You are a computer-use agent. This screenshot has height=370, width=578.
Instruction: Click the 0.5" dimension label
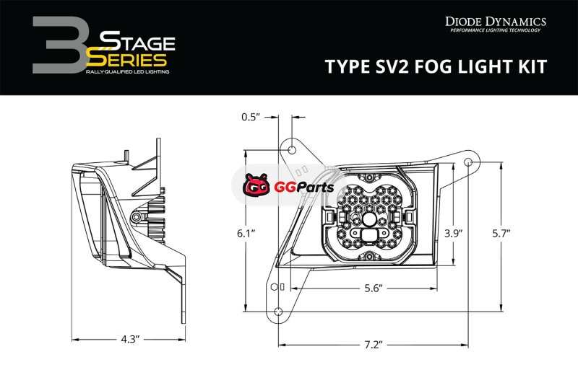tap(251, 117)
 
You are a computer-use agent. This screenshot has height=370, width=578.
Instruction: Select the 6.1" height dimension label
tap(246, 234)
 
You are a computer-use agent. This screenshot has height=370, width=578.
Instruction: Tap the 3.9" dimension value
tap(453, 234)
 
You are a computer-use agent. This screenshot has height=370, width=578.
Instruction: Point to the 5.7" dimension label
tap(501, 234)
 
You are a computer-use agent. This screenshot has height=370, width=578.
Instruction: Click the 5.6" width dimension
tap(374, 288)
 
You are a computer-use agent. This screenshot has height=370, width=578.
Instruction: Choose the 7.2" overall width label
tap(374, 345)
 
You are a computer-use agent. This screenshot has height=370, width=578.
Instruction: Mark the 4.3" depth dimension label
tap(130, 340)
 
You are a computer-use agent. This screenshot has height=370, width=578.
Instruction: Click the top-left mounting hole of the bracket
tap(292, 150)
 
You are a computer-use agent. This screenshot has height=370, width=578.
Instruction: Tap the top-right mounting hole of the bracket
tap(468, 162)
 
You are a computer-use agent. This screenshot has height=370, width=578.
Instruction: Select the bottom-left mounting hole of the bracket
tap(278, 312)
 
